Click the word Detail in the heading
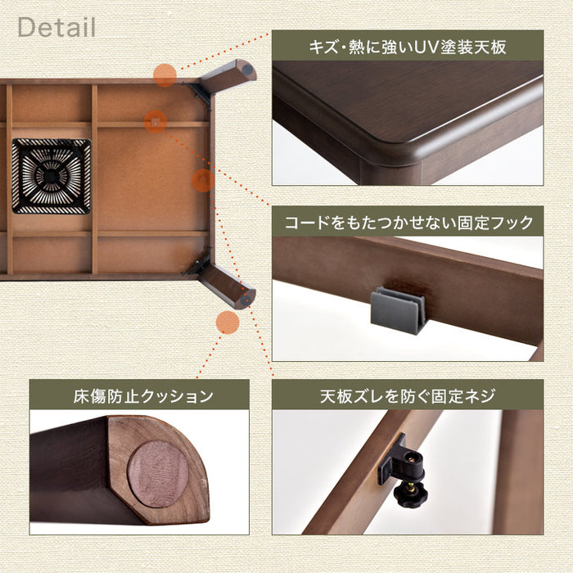56,27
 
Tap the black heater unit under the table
51,176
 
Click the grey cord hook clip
398,310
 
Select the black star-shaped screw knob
410,494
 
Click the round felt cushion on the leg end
157,474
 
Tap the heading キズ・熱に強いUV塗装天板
408,47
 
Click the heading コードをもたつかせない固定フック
408,222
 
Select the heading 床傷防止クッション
143,395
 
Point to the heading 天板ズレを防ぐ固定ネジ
408,395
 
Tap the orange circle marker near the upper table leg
165,75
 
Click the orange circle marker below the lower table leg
228,323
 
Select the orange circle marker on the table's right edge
203,181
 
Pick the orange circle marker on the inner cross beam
156,122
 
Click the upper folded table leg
228,77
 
